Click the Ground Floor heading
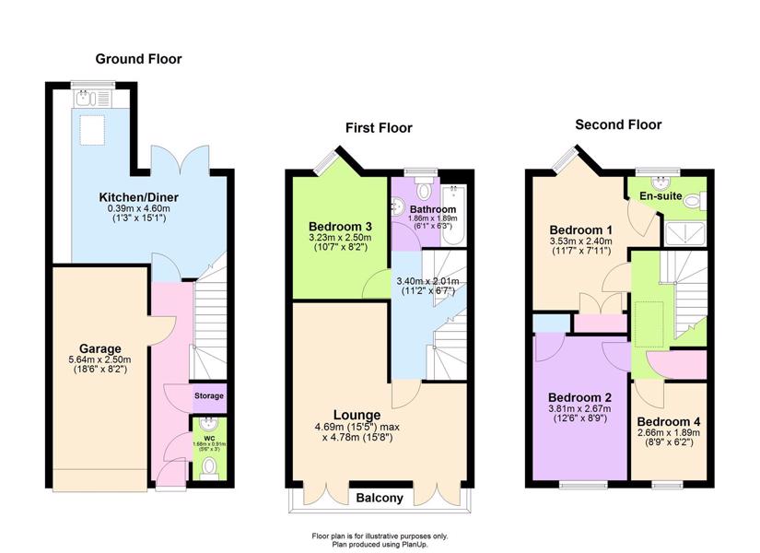138,59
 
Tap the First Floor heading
379,128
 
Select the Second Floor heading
618,124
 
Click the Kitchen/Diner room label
138,197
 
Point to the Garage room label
100,348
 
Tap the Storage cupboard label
209,395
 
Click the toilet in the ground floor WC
209,468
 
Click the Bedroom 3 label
340,227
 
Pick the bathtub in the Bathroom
453,215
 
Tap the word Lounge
357,416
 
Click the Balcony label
380,499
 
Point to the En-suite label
661,196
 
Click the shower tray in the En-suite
685,234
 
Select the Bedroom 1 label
580,229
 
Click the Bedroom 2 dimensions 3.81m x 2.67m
580,409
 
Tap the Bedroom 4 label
669,421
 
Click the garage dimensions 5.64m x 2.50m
100,360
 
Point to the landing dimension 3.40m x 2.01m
427,281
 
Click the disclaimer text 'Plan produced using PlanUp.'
380,545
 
